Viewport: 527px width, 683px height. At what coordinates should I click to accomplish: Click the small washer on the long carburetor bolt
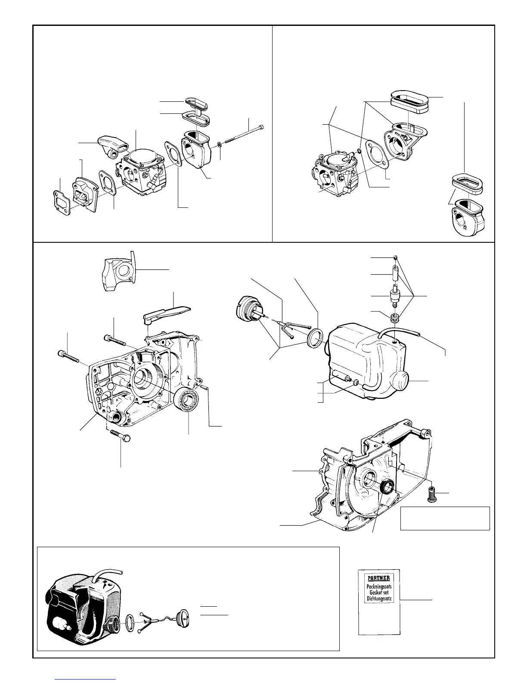pyautogui.click(x=220, y=143)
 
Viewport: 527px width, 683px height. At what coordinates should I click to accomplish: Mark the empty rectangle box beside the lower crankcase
pyautogui.click(x=445, y=518)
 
